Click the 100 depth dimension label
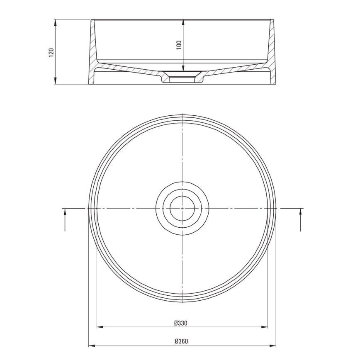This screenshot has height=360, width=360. [x=179, y=45]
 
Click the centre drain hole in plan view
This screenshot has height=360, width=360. [x=182, y=208]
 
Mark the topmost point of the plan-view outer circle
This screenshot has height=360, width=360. [x=182, y=114]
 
